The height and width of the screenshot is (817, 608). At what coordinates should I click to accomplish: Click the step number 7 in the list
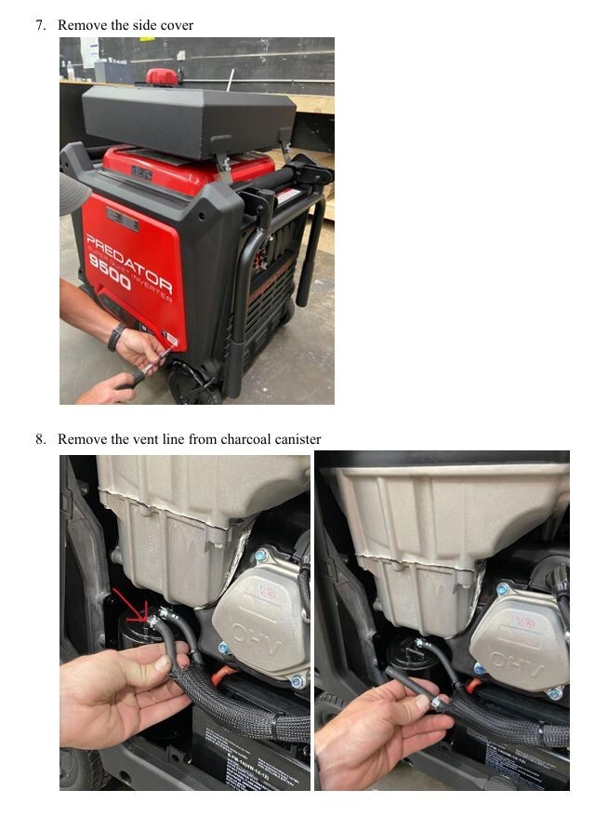pos(41,25)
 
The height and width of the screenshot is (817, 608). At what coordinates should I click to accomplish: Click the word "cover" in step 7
pos(176,25)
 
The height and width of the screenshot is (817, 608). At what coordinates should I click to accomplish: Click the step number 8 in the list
pos(41,439)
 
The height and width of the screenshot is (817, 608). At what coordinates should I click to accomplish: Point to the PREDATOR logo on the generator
pos(129,264)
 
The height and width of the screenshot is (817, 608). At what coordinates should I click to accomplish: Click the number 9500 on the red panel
pos(109,276)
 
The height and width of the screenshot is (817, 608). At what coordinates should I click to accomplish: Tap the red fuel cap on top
pos(164,76)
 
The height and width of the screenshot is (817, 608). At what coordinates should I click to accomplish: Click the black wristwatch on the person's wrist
pos(116,337)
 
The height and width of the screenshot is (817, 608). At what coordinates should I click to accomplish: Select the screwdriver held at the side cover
pos(153,363)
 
